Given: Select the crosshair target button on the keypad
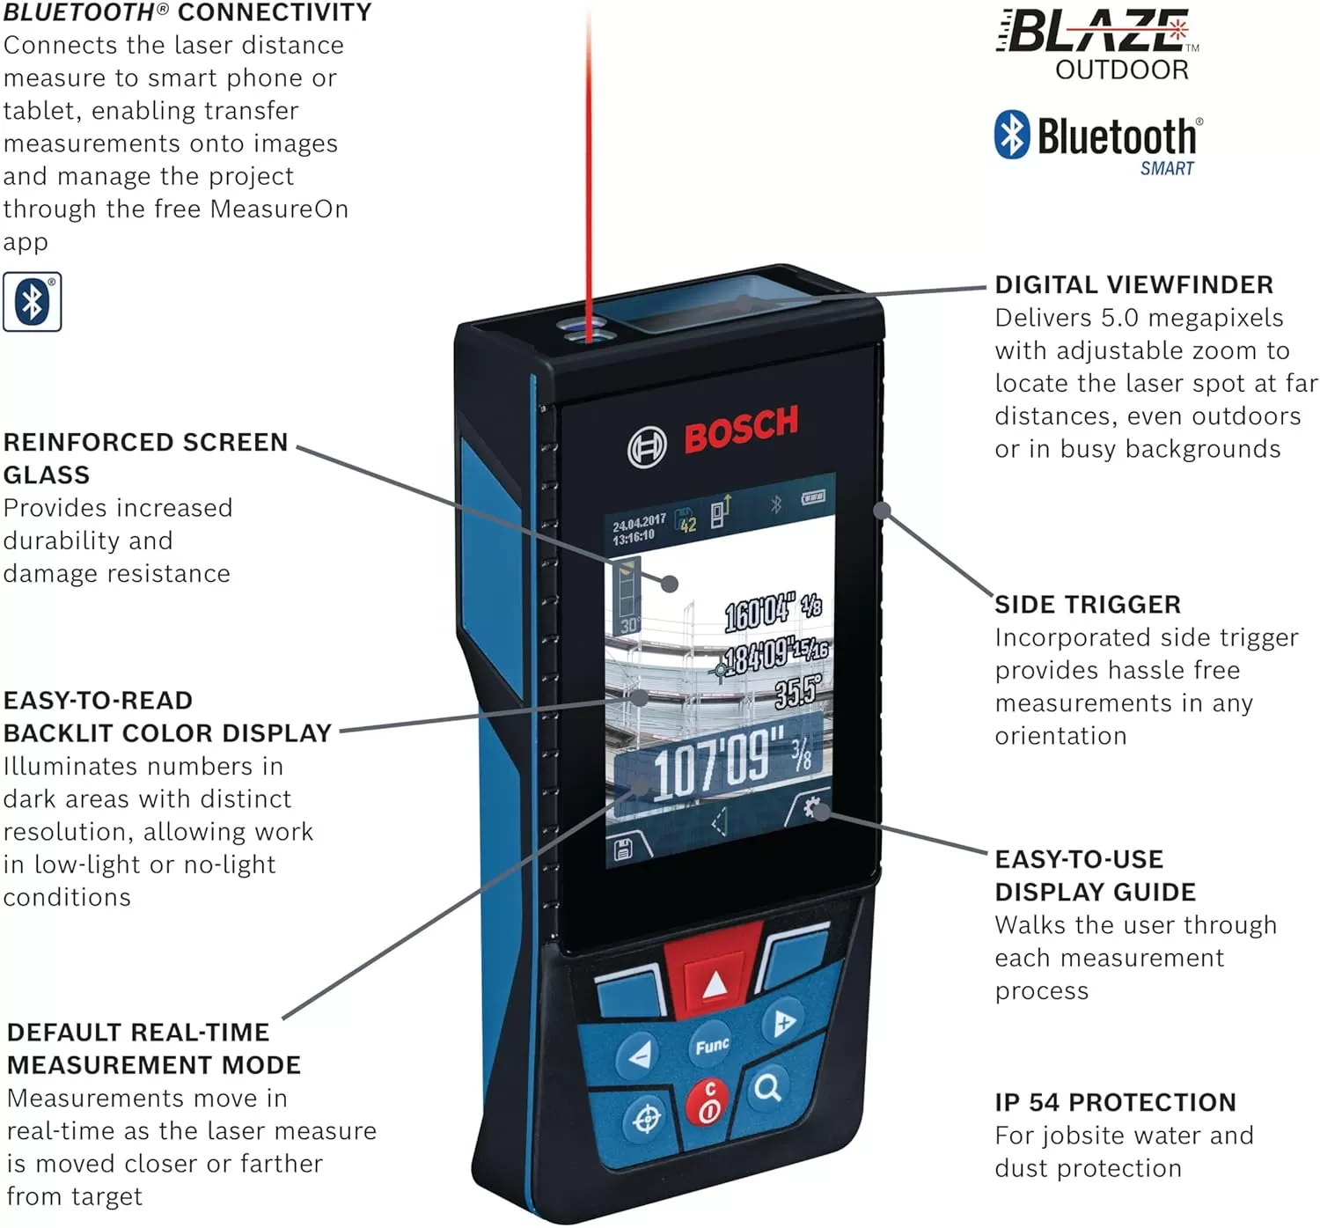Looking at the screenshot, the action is pyautogui.click(x=645, y=1121).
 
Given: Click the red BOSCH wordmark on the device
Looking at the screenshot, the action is pyautogui.click(x=741, y=429).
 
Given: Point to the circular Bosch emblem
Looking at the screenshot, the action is pyautogui.click(x=647, y=447).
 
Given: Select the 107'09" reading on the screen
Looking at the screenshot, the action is pyautogui.click(x=731, y=763).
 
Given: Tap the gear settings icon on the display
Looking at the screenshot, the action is pyautogui.click(x=811, y=808).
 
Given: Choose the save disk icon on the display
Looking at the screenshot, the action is pyautogui.click(x=623, y=849).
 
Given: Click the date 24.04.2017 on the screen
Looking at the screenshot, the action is pyautogui.click(x=639, y=522).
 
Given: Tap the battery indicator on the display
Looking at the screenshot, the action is pyautogui.click(x=813, y=497).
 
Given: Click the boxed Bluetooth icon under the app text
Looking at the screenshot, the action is pyautogui.click(x=32, y=301).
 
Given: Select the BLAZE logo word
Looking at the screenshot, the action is pyautogui.click(x=1096, y=31).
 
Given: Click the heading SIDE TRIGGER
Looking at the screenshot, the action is pyautogui.click(x=1088, y=605).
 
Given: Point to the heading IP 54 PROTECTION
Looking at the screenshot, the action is pyautogui.click(x=1115, y=1102).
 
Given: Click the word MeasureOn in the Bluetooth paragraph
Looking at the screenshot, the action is pyautogui.click(x=279, y=209).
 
